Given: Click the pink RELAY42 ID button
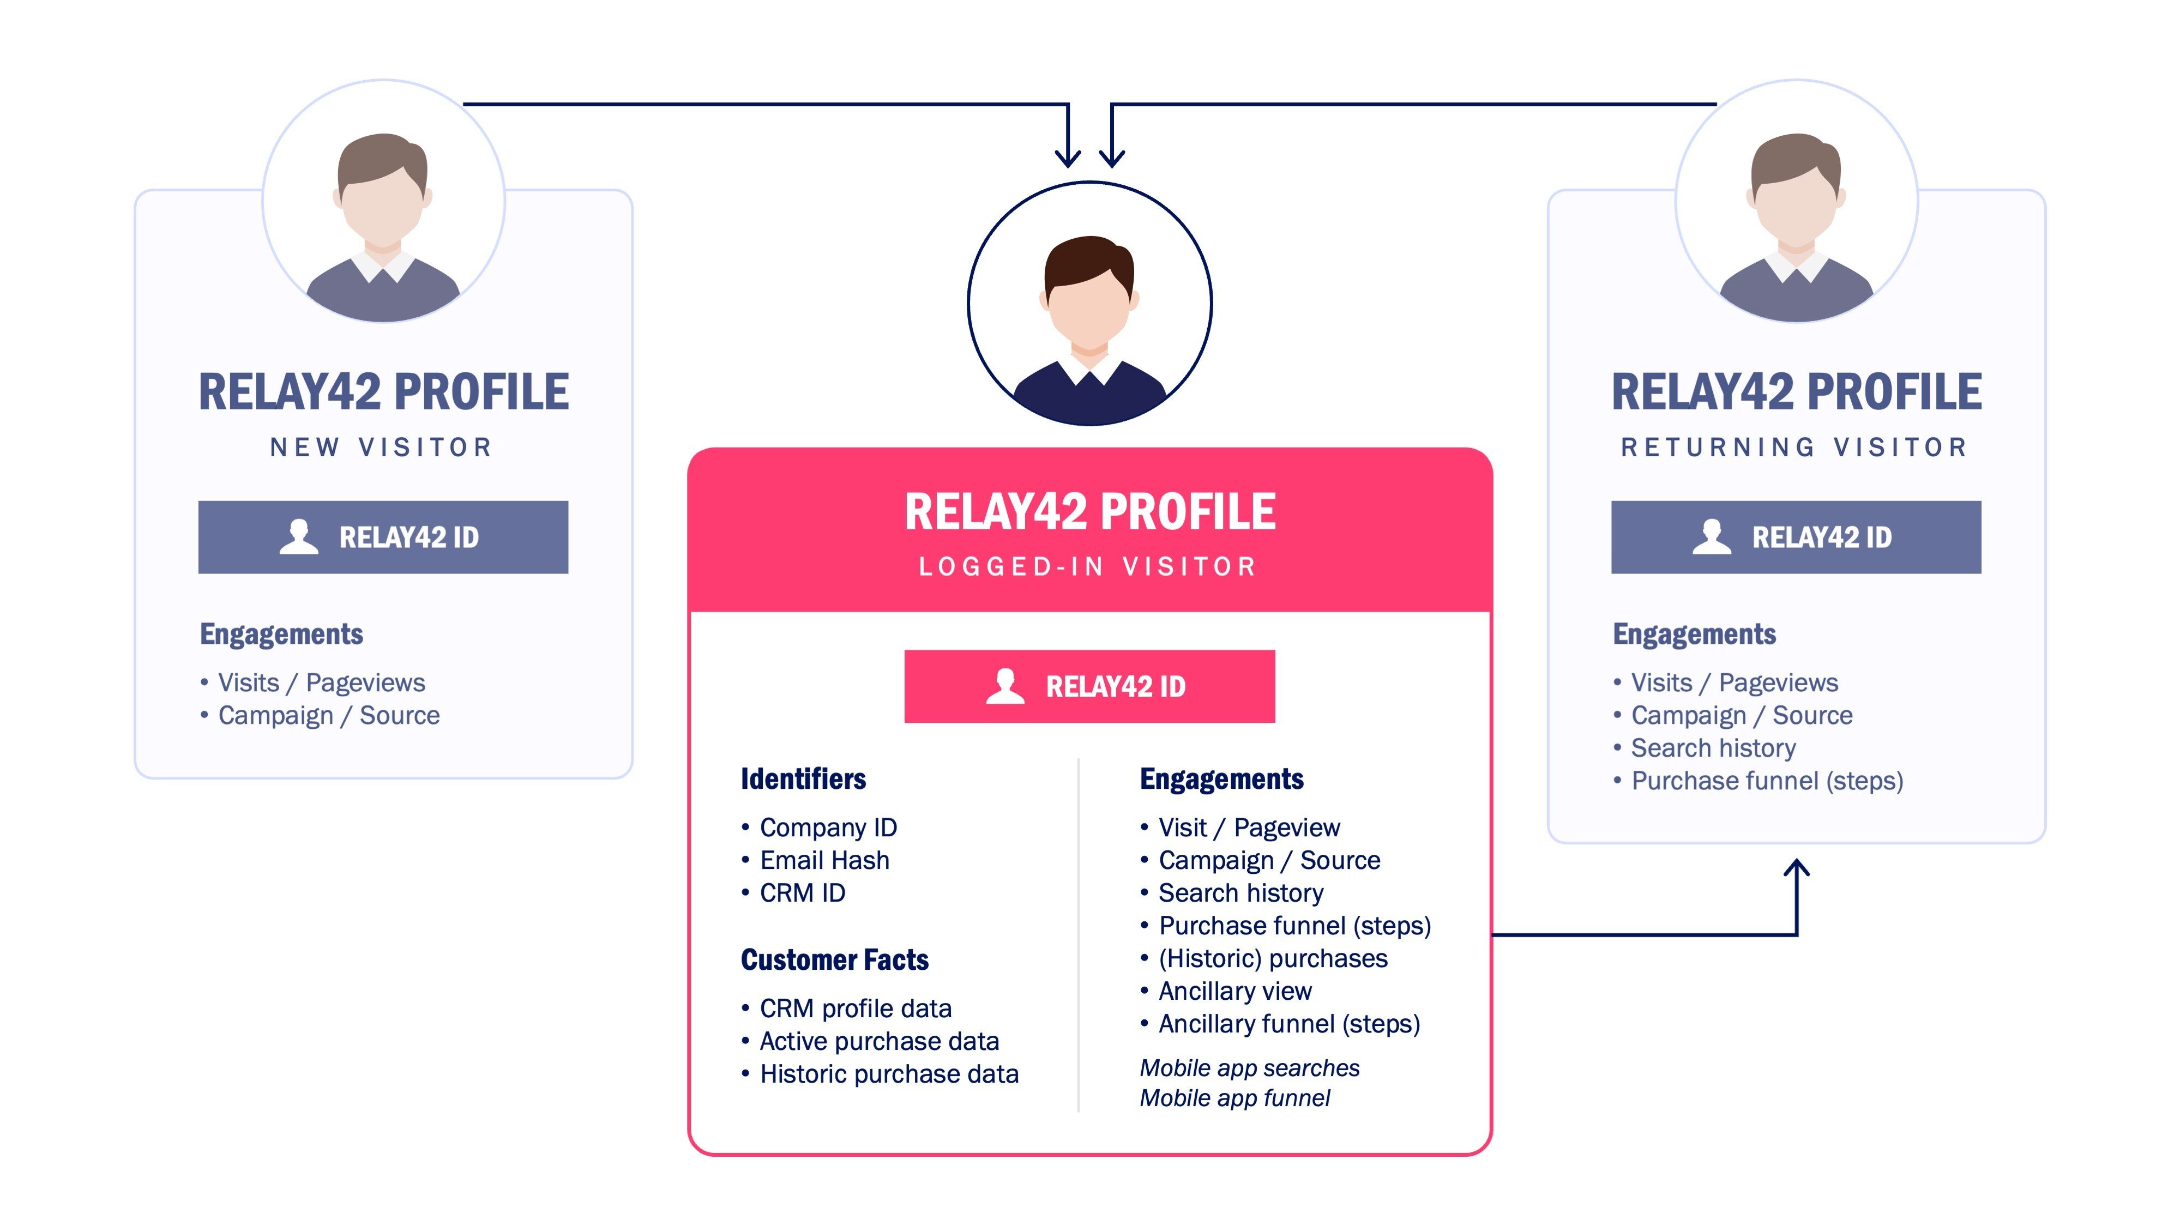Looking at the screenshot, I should [x=1089, y=686].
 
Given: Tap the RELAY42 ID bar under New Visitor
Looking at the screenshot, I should [x=383, y=537].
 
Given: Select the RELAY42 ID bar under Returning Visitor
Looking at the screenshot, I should [x=1795, y=537].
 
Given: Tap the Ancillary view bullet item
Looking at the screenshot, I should [x=1234, y=991].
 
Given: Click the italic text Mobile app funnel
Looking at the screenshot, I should [x=1234, y=1098].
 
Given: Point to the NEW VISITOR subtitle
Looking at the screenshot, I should [x=382, y=447].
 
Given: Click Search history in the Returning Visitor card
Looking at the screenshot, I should [x=1712, y=748].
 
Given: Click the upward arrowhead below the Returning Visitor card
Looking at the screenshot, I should [x=1796, y=868].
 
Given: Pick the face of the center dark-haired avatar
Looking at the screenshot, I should [x=1089, y=300].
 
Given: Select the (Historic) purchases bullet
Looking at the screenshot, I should [x=1272, y=959].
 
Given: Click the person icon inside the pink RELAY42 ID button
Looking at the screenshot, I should [x=1004, y=686].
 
